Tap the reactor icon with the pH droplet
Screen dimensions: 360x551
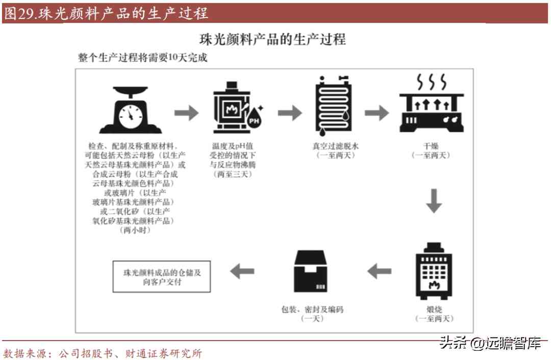pyautogui.click(x=235, y=109)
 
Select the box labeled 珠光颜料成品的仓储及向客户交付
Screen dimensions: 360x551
pyautogui.click(x=162, y=277)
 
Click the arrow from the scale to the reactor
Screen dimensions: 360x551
pyautogui.click(x=186, y=113)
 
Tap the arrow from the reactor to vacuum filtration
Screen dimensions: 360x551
pyautogui.click(x=290, y=113)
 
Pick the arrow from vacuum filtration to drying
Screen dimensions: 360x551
pyautogui.click(x=377, y=113)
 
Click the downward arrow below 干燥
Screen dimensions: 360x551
pyautogui.click(x=434, y=201)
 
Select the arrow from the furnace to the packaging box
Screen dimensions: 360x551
pyautogui.click(x=379, y=271)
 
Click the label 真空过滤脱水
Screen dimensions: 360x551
pyautogui.click(x=335, y=146)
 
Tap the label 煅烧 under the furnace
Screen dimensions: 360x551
pyautogui.click(x=433, y=309)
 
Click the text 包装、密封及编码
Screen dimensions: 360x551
pyautogui.click(x=312, y=309)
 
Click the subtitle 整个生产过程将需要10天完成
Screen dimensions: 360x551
pyautogui.click(x=143, y=58)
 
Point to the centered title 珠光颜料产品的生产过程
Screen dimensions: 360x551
pyautogui.click(x=272, y=39)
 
